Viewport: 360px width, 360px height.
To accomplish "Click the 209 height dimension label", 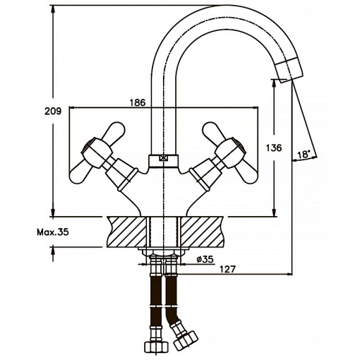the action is point(53,111).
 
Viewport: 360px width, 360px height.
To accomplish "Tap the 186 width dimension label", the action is point(138,102).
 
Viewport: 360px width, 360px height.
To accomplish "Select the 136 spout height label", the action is point(274,148).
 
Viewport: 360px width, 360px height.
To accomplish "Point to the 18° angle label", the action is point(304,155).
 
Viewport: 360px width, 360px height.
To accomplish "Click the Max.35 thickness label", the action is point(53,232).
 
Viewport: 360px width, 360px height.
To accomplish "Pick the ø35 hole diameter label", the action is point(205,259).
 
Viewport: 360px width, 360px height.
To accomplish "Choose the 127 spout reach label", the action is point(227,269).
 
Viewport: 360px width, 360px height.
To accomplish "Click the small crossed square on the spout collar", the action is point(163,158).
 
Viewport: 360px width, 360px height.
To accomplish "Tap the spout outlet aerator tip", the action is point(289,70).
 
